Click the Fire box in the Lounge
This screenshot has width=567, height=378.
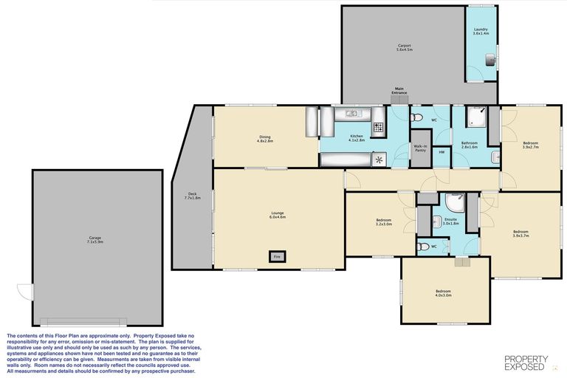pyautogui.click(x=278, y=256)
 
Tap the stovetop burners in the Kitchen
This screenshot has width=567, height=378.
pyautogui.click(x=377, y=128)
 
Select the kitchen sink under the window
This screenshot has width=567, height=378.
pyautogui.click(x=350, y=114)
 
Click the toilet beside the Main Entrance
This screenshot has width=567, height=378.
pyautogui.click(x=416, y=118)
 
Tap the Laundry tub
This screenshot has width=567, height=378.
pyautogui.click(x=489, y=61)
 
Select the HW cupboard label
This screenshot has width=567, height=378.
pyautogui.click(x=442, y=152)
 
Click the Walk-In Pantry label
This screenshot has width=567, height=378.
pyautogui.click(x=420, y=148)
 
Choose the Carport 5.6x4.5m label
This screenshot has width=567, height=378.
pyautogui.click(x=404, y=47)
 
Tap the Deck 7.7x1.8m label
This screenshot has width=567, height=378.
pyautogui.click(x=192, y=197)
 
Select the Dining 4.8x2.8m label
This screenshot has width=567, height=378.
pyautogui.click(x=266, y=138)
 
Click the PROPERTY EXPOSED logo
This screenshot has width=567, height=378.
pyautogui.click(x=525, y=362)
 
